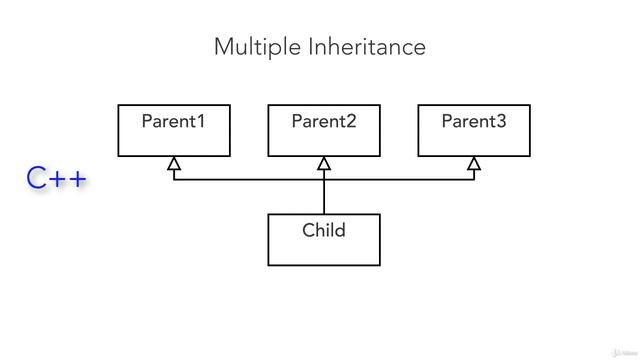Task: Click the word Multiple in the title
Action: point(251,47)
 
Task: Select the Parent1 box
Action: point(174,138)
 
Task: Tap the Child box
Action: point(324,249)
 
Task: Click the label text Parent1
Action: point(173,122)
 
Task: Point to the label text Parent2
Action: point(323,122)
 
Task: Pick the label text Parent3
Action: point(473,122)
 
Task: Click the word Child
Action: point(324,231)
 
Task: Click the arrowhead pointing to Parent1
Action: point(174,162)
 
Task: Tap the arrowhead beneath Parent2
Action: point(324,162)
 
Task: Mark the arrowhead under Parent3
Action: point(474,162)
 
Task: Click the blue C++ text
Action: point(57,180)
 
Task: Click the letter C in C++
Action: point(37,180)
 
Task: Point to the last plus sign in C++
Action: point(77,181)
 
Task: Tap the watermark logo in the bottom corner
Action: point(613,343)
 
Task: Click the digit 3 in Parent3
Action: point(501,122)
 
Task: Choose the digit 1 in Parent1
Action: point(201,122)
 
